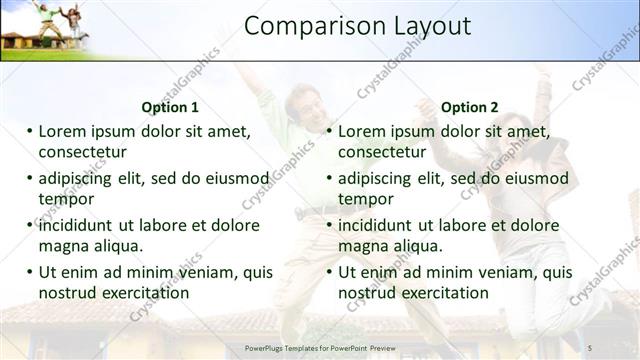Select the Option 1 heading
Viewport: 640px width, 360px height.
coord(170,107)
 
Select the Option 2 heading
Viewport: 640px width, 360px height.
coord(469,107)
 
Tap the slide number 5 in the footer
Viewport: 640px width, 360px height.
coord(591,347)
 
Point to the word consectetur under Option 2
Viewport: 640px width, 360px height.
coord(382,152)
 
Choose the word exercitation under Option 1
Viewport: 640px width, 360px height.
coord(141,293)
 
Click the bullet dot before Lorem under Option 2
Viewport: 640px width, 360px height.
coord(329,131)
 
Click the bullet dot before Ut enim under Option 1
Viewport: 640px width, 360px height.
coord(29,271)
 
